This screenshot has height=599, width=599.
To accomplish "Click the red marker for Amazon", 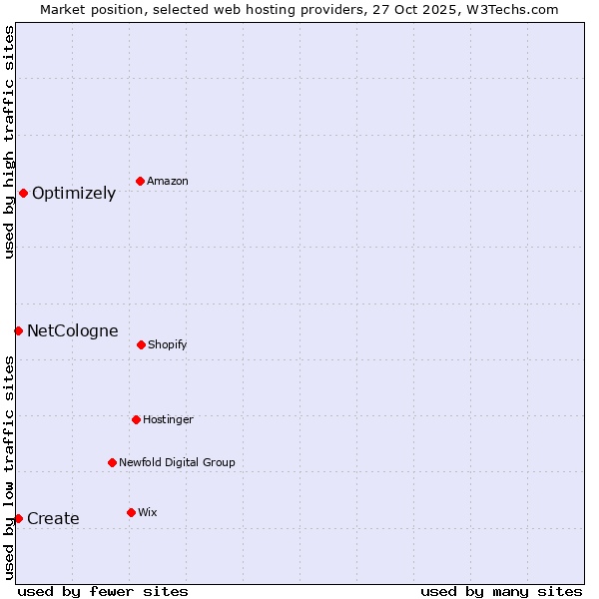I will (141, 181).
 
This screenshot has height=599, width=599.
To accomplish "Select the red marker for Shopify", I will (141, 344).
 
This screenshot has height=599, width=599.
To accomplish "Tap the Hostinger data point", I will (136, 419).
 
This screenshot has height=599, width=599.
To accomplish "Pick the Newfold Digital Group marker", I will (113, 462).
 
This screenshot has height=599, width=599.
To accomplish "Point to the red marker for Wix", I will (131, 512).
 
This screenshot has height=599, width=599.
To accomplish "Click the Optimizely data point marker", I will (23, 193).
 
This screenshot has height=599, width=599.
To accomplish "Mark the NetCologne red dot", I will (18, 330).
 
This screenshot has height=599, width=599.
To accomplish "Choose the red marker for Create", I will (18, 518).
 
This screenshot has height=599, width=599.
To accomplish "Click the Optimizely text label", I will (74, 194).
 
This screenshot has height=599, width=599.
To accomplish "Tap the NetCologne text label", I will (73, 331).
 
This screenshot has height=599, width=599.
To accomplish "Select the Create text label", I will (53, 519).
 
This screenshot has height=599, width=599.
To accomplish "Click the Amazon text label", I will (168, 182).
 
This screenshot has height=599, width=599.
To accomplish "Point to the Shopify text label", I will (168, 345).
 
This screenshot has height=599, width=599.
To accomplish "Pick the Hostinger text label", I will (168, 420).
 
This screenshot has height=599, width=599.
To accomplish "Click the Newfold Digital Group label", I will (177, 463).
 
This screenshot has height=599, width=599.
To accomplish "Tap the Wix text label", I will (148, 513).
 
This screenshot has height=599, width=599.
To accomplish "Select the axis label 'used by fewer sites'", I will (103, 591).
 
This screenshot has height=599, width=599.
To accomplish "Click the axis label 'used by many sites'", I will (501, 591).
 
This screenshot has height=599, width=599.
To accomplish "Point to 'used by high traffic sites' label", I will (9, 142).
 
